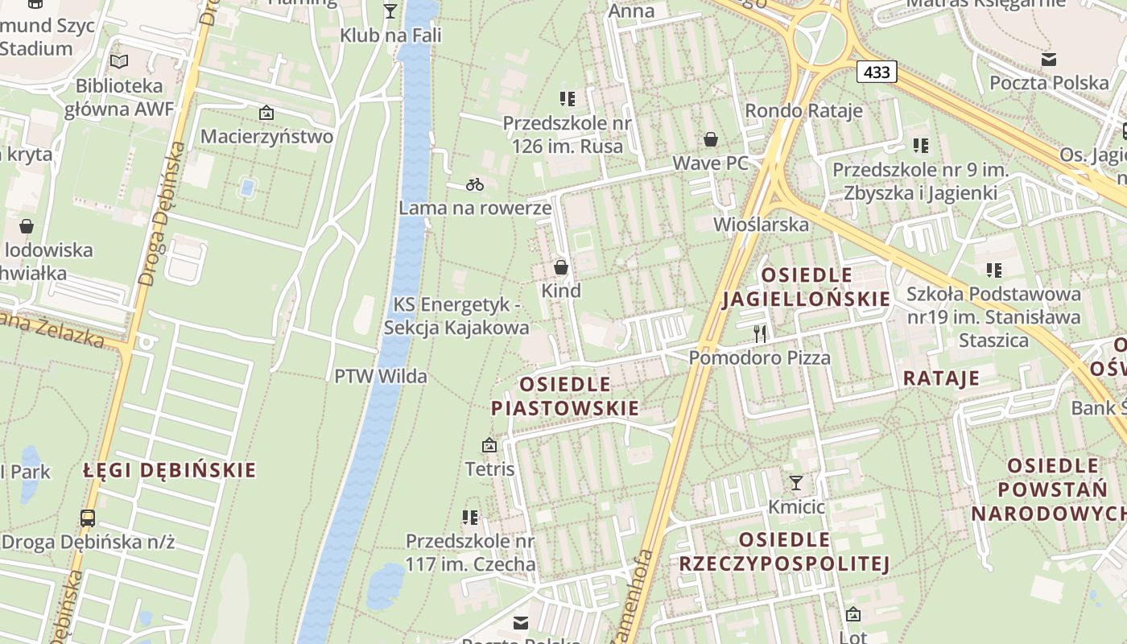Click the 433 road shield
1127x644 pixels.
[x=877, y=72]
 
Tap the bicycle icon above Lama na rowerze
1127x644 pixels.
[x=475, y=184]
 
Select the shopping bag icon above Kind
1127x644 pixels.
[x=561, y=266]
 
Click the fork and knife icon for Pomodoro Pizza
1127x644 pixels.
[x=760, y=333]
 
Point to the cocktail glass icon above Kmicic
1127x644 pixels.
[x=796, y=482]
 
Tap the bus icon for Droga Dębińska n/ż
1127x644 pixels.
[x=88, y=518]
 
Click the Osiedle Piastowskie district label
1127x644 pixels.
[x=565, y=396]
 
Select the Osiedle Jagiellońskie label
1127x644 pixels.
[x=807, y=287]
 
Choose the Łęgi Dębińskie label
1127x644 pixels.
[x=170, y=470]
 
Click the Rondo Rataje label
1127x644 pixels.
[x=803, y=110]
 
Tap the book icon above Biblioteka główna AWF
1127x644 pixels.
[x=119, y=61]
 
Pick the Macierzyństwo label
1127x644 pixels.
[x=266, y=136]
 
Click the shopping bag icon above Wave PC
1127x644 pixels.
[x=711, y=139]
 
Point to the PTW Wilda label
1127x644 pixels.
[x=381, y=376]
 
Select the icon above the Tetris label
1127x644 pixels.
[x=489, y=444]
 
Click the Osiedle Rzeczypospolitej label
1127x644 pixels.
[x=784, y=551]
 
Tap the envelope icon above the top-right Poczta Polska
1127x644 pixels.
[x=1049, y=59]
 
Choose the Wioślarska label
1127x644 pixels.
[x=761, y=224]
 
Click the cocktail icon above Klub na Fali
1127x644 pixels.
[x=390, y=10]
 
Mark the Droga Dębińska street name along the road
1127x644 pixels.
[x=161, y=215]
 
